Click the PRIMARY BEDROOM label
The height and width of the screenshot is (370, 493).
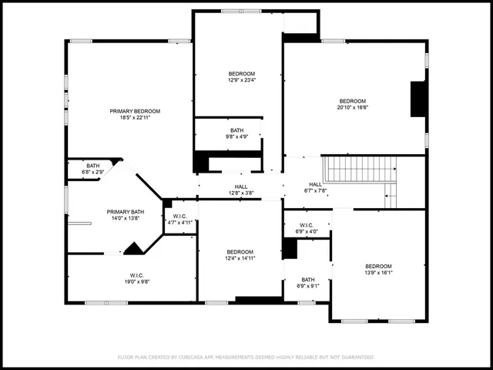[x=129, y=111]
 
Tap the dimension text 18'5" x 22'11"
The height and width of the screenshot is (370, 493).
[x=129, y=117]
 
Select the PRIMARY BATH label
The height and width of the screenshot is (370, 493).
[x=125, y=211]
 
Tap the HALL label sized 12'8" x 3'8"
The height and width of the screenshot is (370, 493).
[x=241, y=186]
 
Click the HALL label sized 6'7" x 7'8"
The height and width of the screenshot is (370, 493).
[x=316, y=184]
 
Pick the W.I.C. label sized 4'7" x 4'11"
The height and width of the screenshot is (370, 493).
[x=180, y=216]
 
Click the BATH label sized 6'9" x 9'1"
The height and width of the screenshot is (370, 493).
[x=308, y=280]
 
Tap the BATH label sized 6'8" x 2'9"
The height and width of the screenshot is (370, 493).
[x=92, y=166]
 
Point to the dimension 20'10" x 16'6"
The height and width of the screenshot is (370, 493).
[x=353, y=108]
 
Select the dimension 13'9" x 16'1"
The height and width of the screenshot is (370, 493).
[x=378, y=272]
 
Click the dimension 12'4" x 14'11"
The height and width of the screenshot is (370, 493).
[x=240, y=258]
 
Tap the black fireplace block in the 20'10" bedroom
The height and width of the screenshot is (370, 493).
[x=418, y=99]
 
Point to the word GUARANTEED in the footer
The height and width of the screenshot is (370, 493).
[x=357, y=357]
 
